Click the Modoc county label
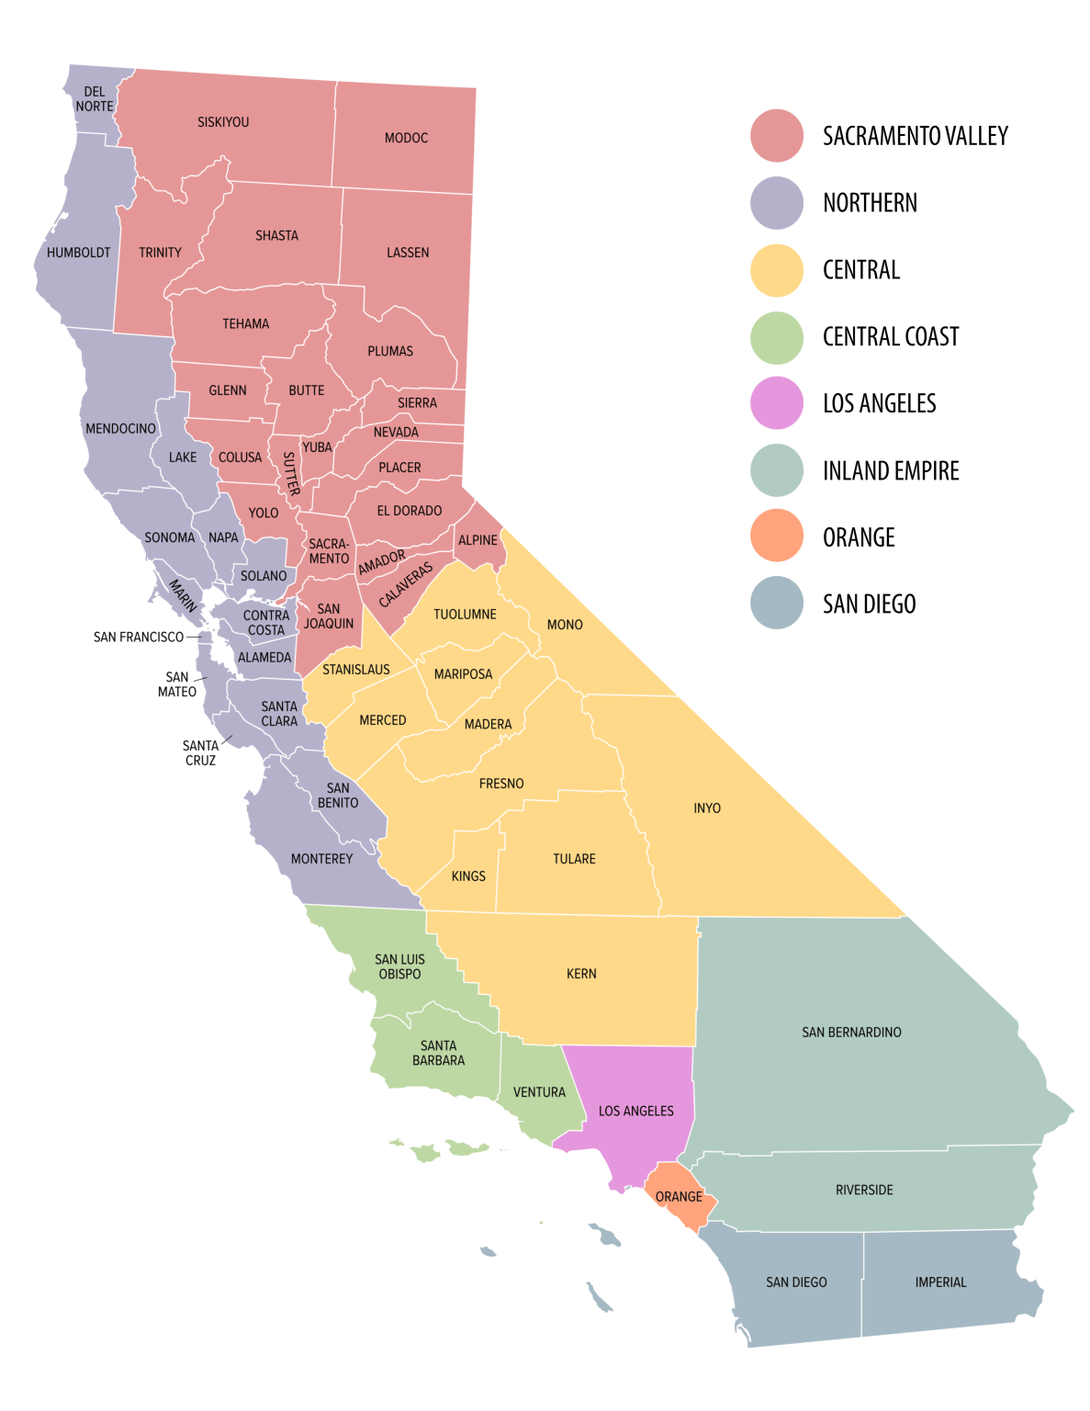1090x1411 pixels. (x=406, y=138)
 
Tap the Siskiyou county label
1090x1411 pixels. (x=223, y=122)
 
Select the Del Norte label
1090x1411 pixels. (x=95, y=99)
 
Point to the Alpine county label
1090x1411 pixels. (x=478, y=540)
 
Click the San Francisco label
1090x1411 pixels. (x=139, y=637)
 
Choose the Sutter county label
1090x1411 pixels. (x=290, y=473)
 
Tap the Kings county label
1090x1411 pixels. (x=468, y=876)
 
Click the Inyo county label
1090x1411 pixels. (x=707, y=808)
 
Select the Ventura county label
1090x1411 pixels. (x=539, y=1092)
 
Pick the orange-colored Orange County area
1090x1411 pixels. (x=680, y=1194)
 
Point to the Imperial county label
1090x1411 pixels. (x=940, y=1282)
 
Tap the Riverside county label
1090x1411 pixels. (x=864, y=1190)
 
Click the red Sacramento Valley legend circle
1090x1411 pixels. (x=777, y=136)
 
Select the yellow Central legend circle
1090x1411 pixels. (x=777, y=270)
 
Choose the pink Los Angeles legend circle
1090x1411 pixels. (x=777, y=403)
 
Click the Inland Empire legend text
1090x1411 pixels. (x=891, y=471)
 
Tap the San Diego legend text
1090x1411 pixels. (x=869, y=604)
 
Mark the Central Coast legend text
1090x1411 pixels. (x=891, y=337)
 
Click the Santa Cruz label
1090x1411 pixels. (x=200, y=753)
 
